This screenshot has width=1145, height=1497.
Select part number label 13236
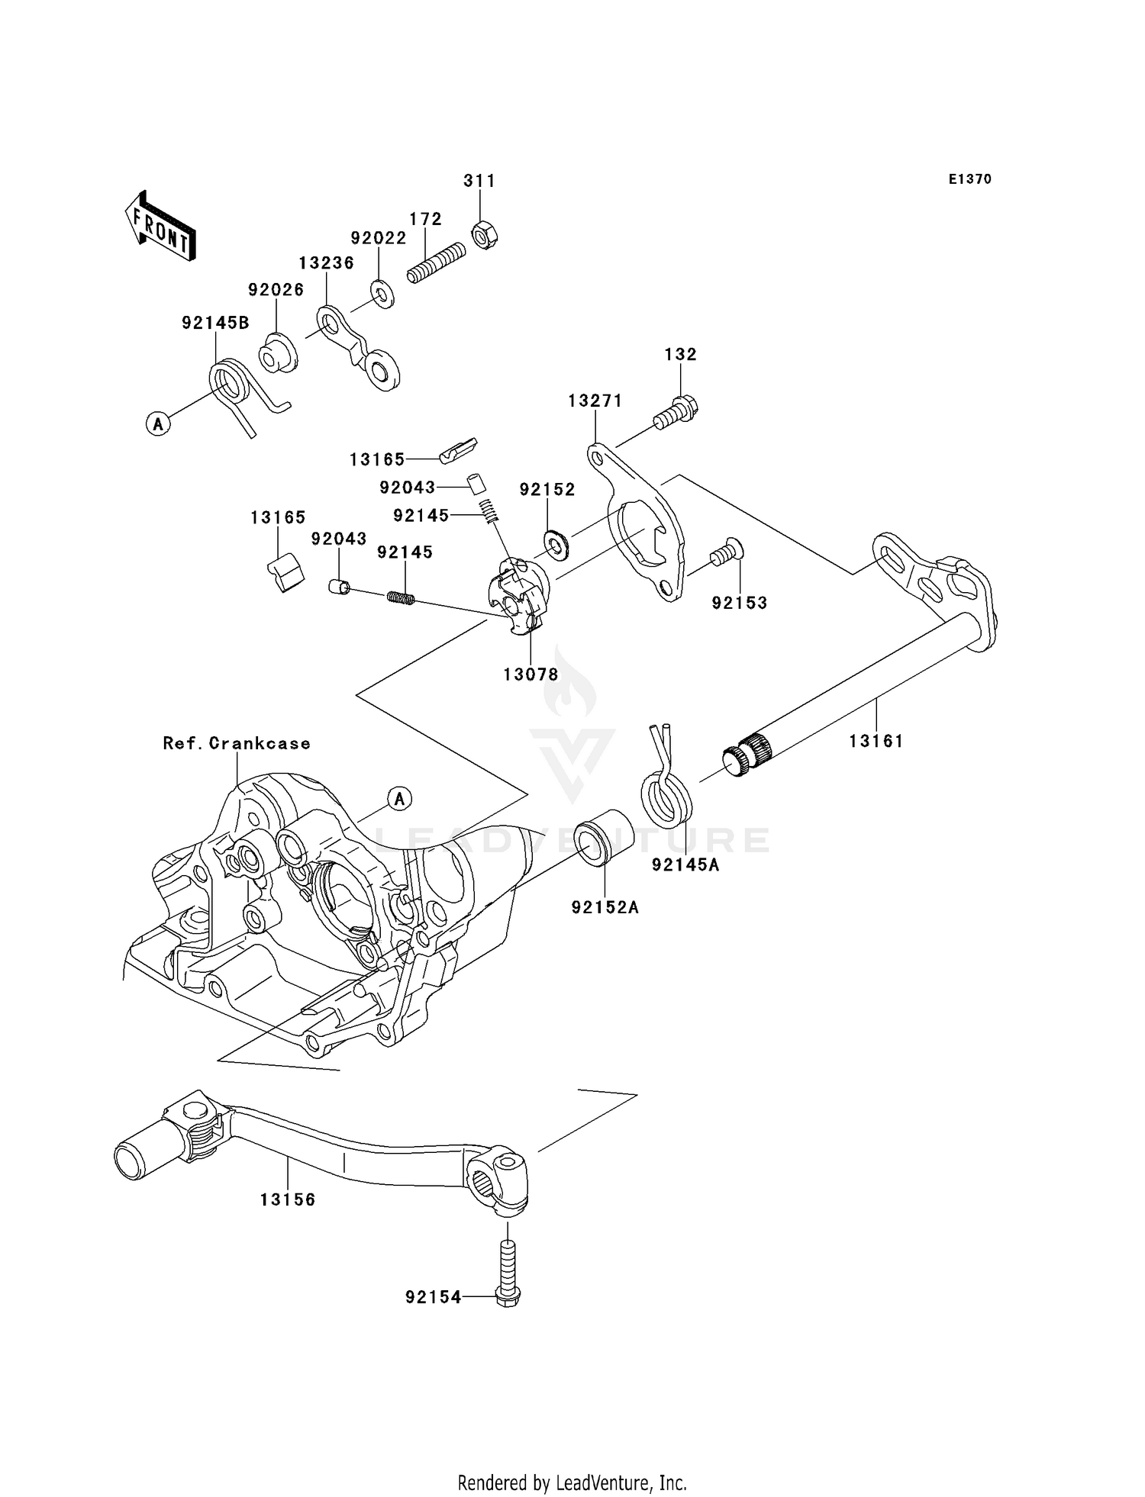coord(326,262)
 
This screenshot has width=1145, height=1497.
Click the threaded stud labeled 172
coord(436,262)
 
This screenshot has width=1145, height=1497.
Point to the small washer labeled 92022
coord(382,293)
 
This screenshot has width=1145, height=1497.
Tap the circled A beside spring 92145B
coord(157,423)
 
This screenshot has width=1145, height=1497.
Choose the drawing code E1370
coord(969,179)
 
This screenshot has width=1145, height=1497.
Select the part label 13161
coord(876,740)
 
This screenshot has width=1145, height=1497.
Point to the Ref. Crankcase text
coord(237,743)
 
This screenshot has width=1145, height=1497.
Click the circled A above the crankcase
coord(399,799)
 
